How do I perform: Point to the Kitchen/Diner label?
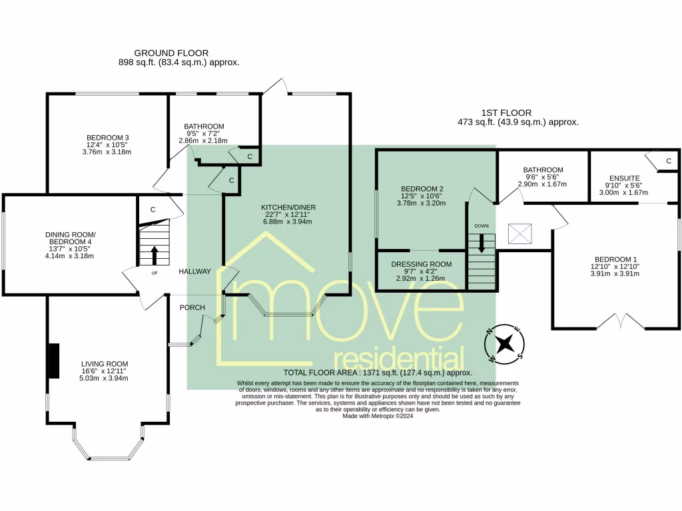click(x=288, y=208)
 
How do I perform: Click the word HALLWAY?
click(x=194, y=271)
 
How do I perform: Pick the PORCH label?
click(x=192, y=307)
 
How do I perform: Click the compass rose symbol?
click(x=506, y=343)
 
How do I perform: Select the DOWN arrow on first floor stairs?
click(x=482, y=244)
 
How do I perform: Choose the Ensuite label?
click(x=625, y=178)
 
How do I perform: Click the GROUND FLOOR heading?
click(x=171, y=53)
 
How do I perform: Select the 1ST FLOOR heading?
click(x=506, y=113)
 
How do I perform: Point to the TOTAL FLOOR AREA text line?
click(x=377, y=373)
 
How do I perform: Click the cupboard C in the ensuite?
click(x=667, y=161)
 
